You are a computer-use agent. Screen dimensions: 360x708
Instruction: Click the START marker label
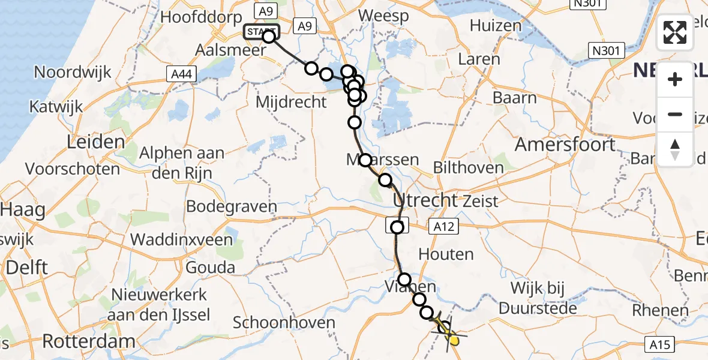coord(260,31)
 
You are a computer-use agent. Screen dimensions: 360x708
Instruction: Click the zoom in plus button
coord(675,79)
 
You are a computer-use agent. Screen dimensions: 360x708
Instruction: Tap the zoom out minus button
coord(675,114)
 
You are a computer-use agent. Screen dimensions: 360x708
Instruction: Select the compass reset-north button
coord(675,149)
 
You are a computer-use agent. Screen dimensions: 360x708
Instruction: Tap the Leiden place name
coord(96,143)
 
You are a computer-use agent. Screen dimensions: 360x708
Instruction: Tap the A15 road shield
coord(661,344)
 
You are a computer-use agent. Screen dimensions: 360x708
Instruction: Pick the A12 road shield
coord(443,226)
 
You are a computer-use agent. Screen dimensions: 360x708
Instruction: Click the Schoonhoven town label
coord(284,322)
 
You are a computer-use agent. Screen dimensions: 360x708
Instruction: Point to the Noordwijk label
coord(73,73)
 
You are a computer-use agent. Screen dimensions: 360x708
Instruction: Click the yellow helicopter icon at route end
coord(453,340)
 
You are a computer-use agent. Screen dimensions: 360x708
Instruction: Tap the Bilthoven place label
coord(468,167)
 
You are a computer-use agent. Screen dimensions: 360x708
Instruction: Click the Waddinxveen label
coord(181,240)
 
